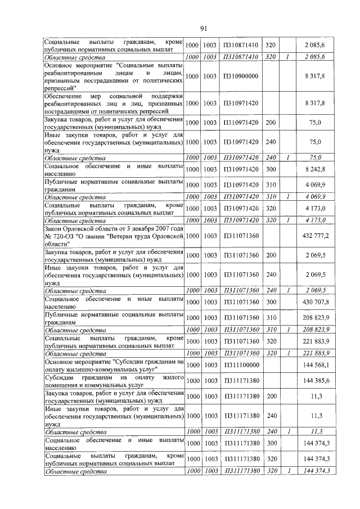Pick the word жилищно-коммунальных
tap(117, 368)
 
